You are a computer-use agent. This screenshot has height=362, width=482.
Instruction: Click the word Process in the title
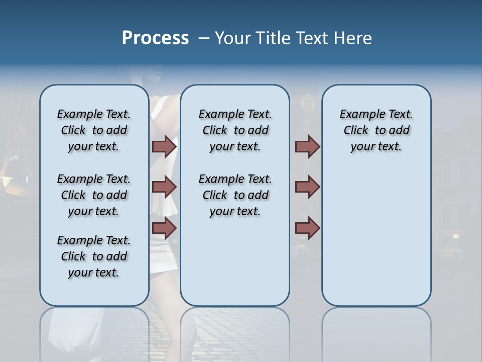pos(155,38)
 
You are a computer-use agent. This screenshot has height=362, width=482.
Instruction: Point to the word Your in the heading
pos(233,38)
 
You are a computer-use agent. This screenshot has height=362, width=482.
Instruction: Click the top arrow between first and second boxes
pos(164,146)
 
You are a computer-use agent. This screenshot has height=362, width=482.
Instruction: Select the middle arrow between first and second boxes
pos(164,187)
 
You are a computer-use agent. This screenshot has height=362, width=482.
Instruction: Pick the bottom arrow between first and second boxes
pos(164,228)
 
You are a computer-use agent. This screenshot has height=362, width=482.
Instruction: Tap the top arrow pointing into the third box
pos(307,146)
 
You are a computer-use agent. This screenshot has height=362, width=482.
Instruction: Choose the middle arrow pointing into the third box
pos(307,187)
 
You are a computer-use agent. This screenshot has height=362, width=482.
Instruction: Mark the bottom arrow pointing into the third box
pos(307,228)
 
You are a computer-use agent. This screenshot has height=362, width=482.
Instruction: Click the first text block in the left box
pos(94,130)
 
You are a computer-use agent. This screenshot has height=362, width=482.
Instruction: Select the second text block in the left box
pos(94,195)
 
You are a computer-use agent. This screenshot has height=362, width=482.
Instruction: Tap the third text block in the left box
pos(94,256)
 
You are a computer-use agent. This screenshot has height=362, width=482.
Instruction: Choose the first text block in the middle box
pos(235,130)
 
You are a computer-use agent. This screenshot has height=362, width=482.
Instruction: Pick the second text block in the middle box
pos(235,195)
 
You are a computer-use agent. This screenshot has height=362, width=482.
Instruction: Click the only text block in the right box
pos(376,130)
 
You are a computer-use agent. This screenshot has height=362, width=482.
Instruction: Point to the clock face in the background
pos(307,103)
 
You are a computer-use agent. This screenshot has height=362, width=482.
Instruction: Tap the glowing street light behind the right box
pos(455,236)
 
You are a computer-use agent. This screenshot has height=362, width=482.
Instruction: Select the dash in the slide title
pos(203,39)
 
